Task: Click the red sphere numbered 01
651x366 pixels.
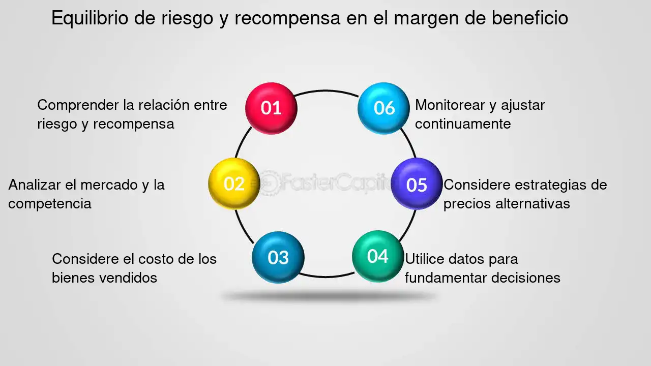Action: (271, 108)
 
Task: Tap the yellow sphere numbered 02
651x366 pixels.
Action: (234, 184)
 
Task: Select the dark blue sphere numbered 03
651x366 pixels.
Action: (278, 257)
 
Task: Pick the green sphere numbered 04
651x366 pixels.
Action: (378, 256)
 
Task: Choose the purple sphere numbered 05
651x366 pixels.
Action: (417, 184)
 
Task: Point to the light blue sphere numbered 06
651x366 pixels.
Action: (383, 108)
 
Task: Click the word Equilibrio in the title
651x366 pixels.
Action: (90, 18)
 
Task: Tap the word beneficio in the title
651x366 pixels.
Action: (530, 18)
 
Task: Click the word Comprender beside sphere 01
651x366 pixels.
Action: (78, 106)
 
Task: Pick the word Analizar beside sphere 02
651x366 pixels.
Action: (35, 185)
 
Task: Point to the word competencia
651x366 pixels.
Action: (50, 204)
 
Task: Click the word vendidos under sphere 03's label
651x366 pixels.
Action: (128, 278)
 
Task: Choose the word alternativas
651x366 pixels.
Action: (532, 204)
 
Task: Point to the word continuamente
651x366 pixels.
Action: (463, 124)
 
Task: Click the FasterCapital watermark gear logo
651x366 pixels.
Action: (268, 183)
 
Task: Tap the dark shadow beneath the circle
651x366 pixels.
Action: (329, 296)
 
